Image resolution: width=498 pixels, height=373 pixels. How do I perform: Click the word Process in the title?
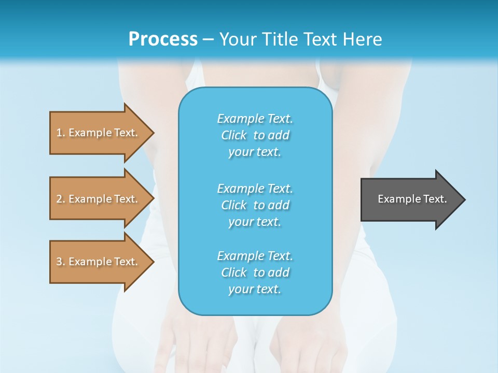[163, 39]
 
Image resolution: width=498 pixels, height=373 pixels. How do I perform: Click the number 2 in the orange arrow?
[59, 199]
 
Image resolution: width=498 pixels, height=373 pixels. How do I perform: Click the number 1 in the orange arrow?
[59, 133]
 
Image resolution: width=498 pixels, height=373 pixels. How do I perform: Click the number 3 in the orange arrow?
[59, 262]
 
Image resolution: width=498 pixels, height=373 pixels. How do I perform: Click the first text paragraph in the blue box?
[255, 135]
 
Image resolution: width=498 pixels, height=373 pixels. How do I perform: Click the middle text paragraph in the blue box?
[255, 205]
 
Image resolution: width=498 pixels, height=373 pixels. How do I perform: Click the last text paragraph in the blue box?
[255, 272]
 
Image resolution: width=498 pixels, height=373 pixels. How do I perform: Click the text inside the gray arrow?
[412, 199]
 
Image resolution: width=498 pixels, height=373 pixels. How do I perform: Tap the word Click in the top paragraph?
[234, 135]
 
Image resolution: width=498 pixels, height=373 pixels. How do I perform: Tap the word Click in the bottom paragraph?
[234, 272]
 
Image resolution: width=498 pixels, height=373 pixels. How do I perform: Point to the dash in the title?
[208, 40]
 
